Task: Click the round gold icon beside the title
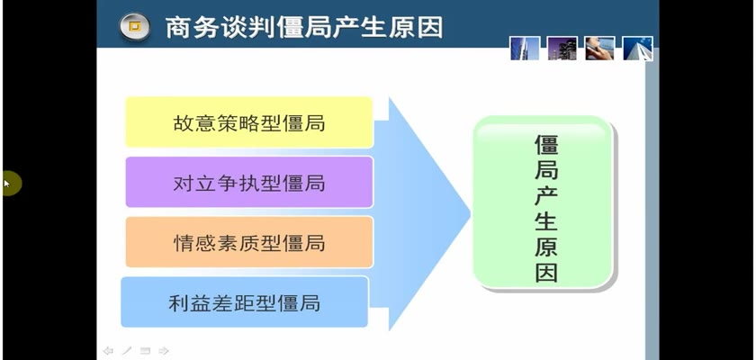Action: [x=134, y=26]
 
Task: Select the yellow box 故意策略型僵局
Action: [x=249, y=121]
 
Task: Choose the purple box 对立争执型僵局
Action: [x=249, y=182]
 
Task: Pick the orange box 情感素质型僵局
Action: [x=249, y=241]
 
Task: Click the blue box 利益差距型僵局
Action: [x=245, y=301]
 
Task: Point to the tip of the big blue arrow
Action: [x=470, y=212]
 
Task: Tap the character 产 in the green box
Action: [x=546, y=195]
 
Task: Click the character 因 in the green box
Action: [x=546, y=272]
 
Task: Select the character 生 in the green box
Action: [x=546, y=220]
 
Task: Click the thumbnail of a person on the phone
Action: [x=599, y=49]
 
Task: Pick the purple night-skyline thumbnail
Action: [x=562, y=49]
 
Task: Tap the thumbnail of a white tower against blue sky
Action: [x=637, y=49]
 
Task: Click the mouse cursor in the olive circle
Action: [x=7, y=184]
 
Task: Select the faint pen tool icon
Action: [x=127, y=351]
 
